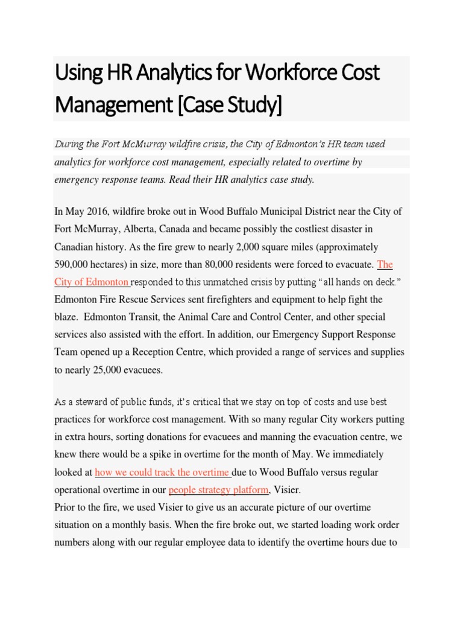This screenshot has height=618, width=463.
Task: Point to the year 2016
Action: coord(96,212)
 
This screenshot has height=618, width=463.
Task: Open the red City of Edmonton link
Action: coord(92,282)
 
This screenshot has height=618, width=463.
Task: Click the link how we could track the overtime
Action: coord(163,472)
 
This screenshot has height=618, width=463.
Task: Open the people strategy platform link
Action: coord(218,489)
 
